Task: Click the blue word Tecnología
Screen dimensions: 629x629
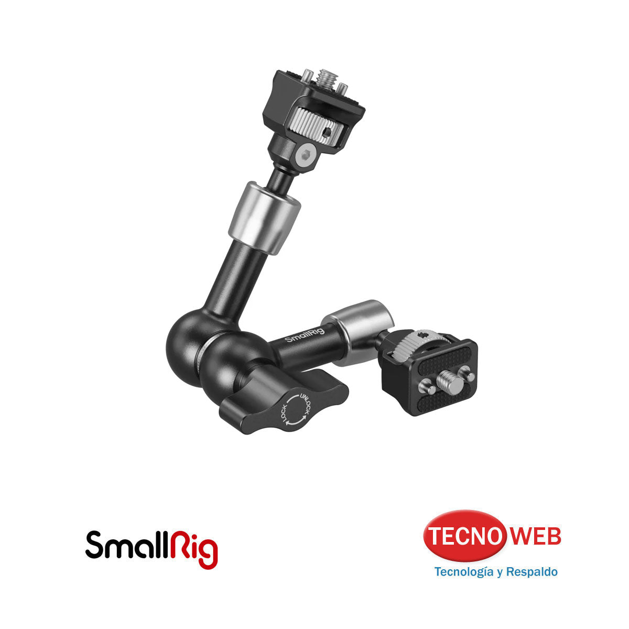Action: [464, 571]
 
